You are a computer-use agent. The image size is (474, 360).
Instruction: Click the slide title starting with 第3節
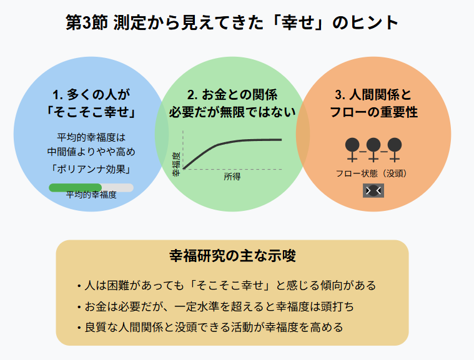pos(232,23)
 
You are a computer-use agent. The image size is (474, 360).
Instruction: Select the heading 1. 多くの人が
pos(91,95)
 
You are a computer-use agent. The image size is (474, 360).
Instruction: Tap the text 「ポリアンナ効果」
pos(91,168)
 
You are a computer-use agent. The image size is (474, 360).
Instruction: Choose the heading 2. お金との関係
pos(232,95)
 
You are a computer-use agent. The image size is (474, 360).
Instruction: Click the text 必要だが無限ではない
pos(232,112)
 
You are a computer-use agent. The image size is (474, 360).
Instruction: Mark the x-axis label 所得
pos(232,177)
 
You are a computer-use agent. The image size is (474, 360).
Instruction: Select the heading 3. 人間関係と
pos(373,95)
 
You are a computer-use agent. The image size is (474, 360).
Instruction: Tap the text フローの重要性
pos(373,112)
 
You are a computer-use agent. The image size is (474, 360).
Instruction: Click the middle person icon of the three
pos(373,148)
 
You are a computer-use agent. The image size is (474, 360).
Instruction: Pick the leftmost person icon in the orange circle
pos(352,148)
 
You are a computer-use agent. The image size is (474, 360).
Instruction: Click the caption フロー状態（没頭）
pos(373,173)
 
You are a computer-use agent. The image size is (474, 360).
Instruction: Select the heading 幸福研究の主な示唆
pos(232,256)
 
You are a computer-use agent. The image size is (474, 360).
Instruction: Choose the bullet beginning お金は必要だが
pos(215,306)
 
